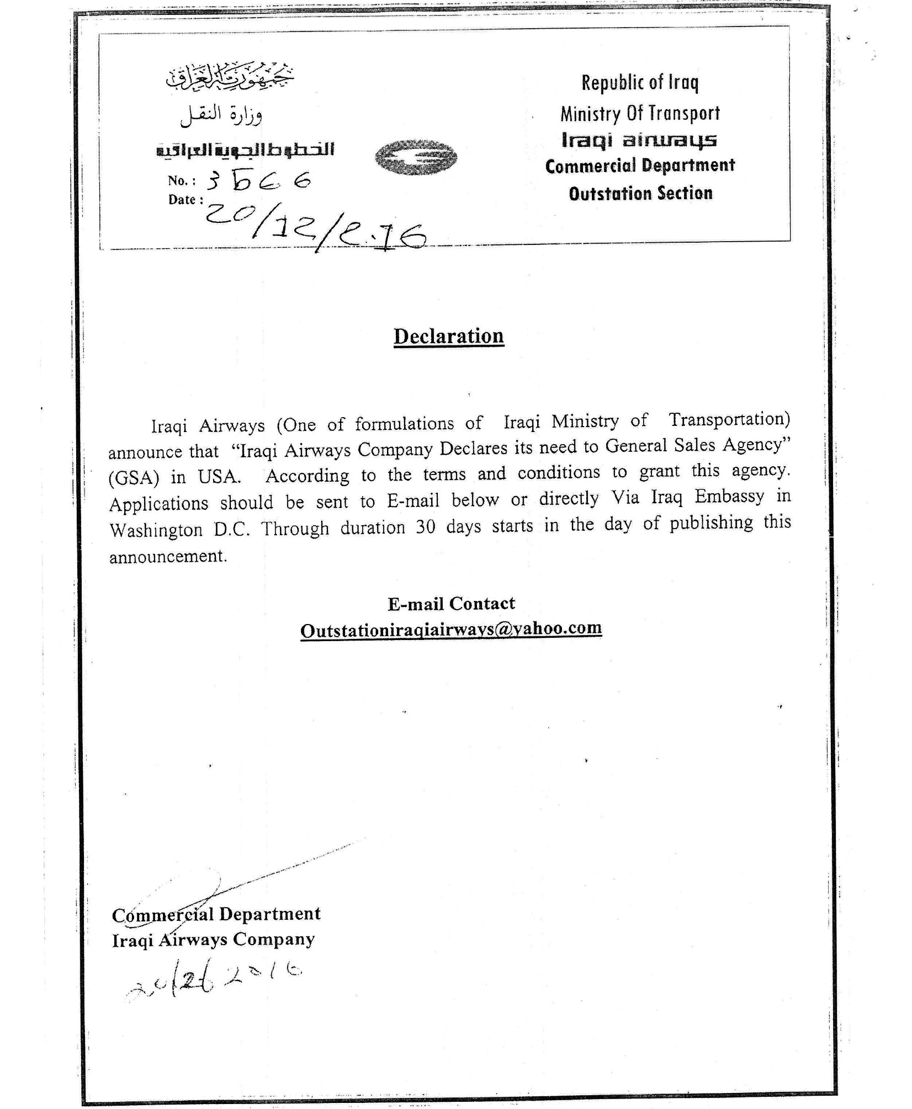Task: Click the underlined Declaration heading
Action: tap(448, 336)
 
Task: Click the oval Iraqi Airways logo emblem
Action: tap(416, 157)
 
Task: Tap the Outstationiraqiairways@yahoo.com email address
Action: tap(450, 629)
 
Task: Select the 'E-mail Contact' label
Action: tap(451, 603)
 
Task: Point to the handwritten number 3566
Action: tap(258, 180)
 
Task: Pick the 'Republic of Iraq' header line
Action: tap(640, 83)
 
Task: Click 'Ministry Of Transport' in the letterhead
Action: tap(640, 114)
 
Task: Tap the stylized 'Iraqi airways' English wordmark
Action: tap(639, 140)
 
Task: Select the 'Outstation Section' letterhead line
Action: tap(640, 194)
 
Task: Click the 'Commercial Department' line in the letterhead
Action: tap(640, 166)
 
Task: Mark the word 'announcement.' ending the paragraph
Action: tap(168, 556)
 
